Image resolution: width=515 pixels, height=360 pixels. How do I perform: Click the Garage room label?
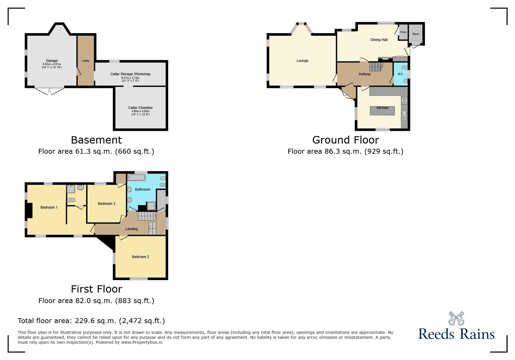tap(52, 61)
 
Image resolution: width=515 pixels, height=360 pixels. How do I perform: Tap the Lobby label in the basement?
tap(86, 61)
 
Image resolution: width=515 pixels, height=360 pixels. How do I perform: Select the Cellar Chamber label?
tap(140, 108)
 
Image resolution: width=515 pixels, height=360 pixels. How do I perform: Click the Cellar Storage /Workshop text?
tap(130, 74)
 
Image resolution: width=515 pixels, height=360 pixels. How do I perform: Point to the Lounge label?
tap(302, 61)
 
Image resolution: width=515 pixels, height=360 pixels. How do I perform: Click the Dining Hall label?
tap(379, 40)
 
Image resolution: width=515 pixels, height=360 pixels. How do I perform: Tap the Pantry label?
tap(403, 32)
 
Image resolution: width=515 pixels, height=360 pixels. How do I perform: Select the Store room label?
tap(416, 34)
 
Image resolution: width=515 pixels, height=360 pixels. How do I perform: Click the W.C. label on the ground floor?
tap(400, 74)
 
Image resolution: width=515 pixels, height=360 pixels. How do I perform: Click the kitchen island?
tap(382, 111)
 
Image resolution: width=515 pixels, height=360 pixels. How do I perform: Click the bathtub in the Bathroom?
tap(136, 178)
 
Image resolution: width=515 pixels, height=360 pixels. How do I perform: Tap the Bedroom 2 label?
tap(140, 257)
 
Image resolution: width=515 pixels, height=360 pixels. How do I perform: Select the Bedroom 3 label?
tap(106, 204)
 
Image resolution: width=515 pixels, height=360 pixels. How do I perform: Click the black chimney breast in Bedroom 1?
tap(29, 210)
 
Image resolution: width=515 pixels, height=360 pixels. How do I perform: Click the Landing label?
tap(131, 229)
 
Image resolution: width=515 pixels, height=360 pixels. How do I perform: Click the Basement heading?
tap(96, 140)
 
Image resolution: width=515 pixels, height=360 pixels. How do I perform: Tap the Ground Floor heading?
tap(345, 140)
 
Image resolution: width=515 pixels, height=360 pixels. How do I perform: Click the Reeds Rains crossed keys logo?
tap(456, 318)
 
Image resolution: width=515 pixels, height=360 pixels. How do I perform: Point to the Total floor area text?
tap(91, 321)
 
